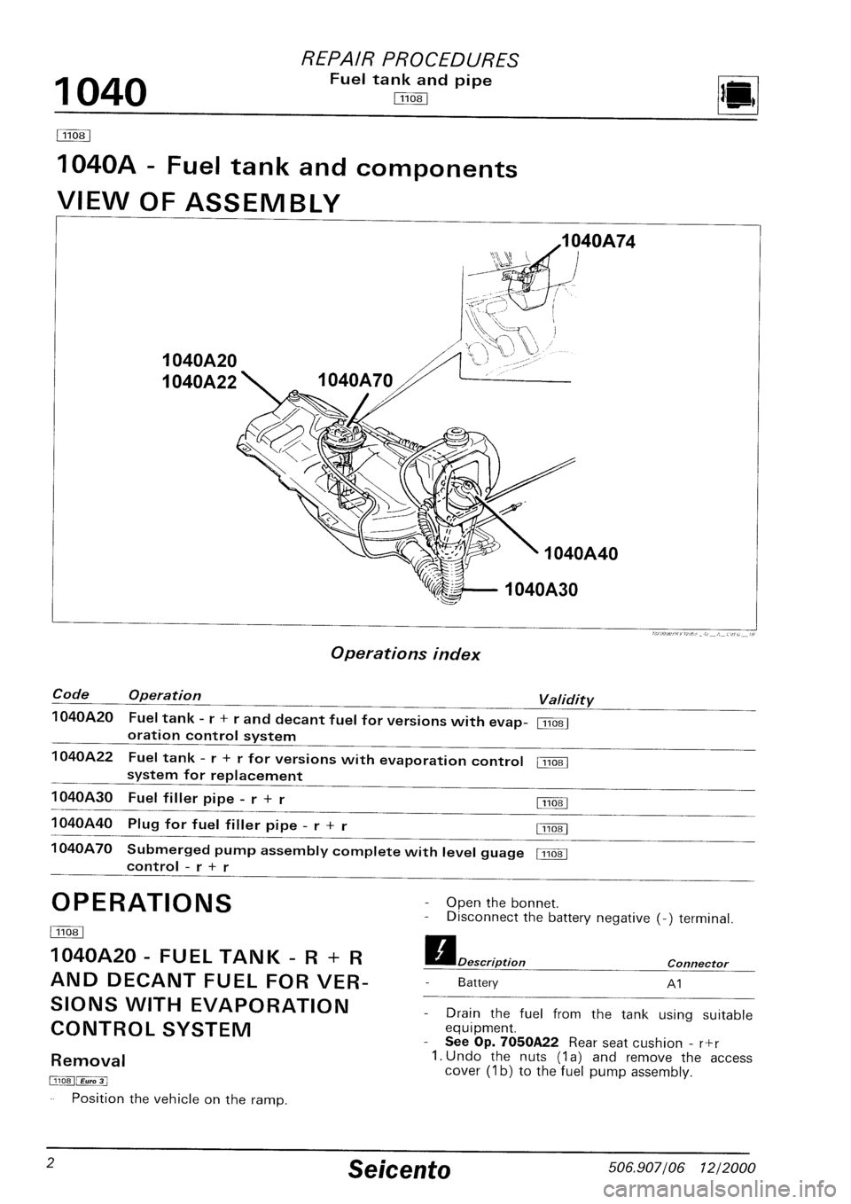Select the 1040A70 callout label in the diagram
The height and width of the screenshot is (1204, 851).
(355, 384)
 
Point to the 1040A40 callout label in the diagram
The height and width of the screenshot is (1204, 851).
(582, 555)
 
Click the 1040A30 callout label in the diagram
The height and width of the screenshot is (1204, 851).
(541, 588)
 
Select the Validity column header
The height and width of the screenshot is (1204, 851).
(566, 700)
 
